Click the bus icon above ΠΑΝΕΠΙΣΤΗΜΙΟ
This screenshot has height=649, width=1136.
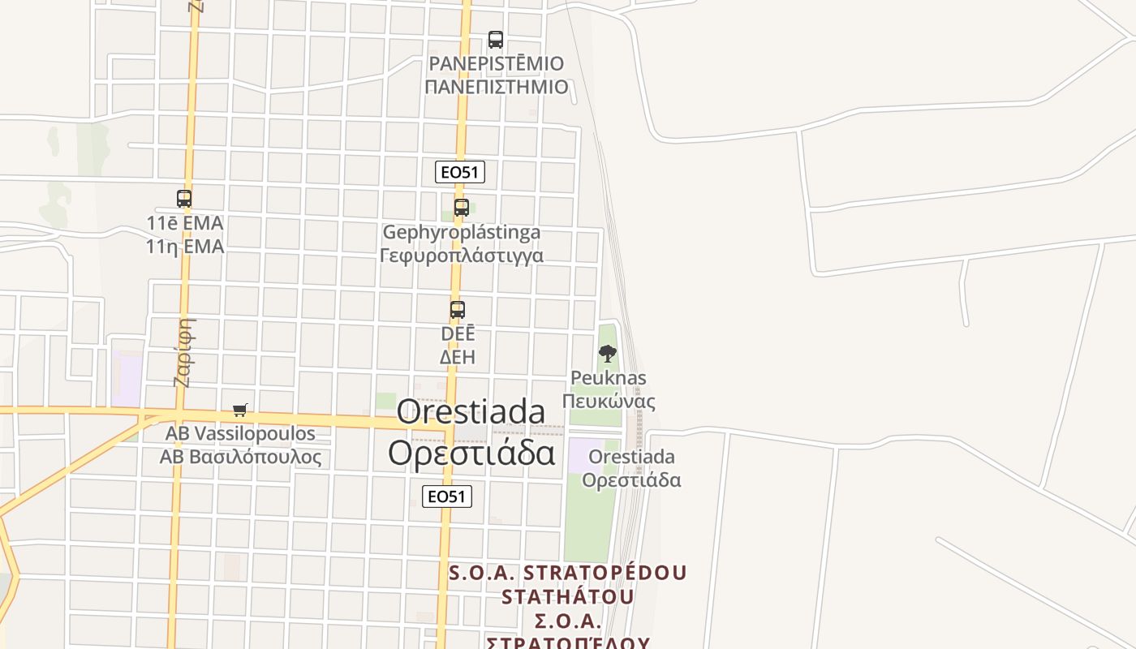tap(495, 39)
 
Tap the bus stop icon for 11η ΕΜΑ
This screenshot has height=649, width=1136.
tap(184, 199)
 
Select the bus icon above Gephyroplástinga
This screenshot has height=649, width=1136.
tap(462, 208)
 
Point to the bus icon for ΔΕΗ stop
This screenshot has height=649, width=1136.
tap(458, 310)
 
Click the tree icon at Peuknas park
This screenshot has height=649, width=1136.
tap(607, 354)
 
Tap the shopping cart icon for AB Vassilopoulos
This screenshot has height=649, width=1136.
tap(239, 410)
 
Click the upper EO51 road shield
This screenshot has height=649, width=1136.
tap(460, 172)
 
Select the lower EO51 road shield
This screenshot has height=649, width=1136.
tap(447, 496)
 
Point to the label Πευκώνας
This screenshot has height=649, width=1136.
tap(609, 401)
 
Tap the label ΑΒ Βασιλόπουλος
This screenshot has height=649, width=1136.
tap(240, 457)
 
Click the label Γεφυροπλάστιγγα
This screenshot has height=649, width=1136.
tap(462, 256)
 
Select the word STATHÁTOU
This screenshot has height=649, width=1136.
tap(568, 597)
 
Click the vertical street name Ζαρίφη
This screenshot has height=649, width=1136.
tap(184, 352)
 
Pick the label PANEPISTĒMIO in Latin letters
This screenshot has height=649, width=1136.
tap(496, 63)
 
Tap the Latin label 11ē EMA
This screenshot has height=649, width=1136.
tap(185, 222)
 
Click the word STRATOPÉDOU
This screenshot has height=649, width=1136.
tap(605, 573)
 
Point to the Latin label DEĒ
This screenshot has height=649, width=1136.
tap(458, 333)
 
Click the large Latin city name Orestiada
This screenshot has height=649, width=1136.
tap(471, 412)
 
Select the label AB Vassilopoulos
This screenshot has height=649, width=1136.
tap(240, 433)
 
